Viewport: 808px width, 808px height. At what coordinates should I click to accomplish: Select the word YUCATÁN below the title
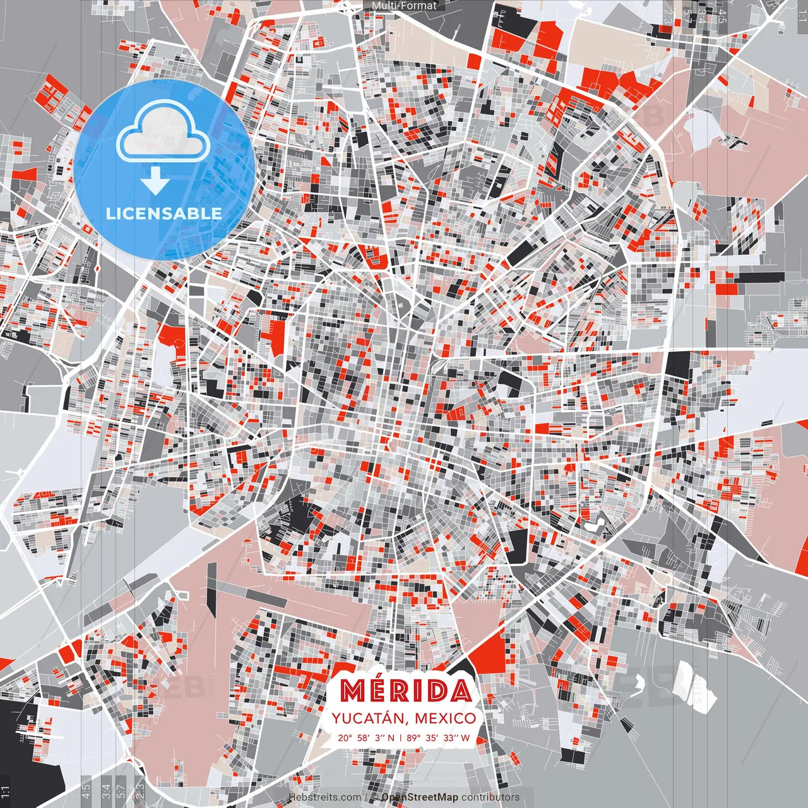[368, 718]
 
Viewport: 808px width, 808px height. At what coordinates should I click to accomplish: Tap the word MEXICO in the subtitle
[446, 718]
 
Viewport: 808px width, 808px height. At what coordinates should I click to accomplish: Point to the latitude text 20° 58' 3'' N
[366, 737]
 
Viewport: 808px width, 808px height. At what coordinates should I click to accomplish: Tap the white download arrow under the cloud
[155, 180]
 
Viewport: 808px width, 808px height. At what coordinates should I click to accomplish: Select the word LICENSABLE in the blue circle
[163, 213]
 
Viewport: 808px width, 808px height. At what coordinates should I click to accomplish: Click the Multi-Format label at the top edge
[404, 6]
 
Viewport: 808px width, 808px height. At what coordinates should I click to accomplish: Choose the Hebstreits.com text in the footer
[325, 798]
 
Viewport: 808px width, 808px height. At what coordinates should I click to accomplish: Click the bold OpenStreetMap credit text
[420, 798]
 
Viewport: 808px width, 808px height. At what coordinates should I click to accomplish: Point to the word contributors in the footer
[490, 798]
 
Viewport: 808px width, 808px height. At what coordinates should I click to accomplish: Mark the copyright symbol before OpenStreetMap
[374, 798]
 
